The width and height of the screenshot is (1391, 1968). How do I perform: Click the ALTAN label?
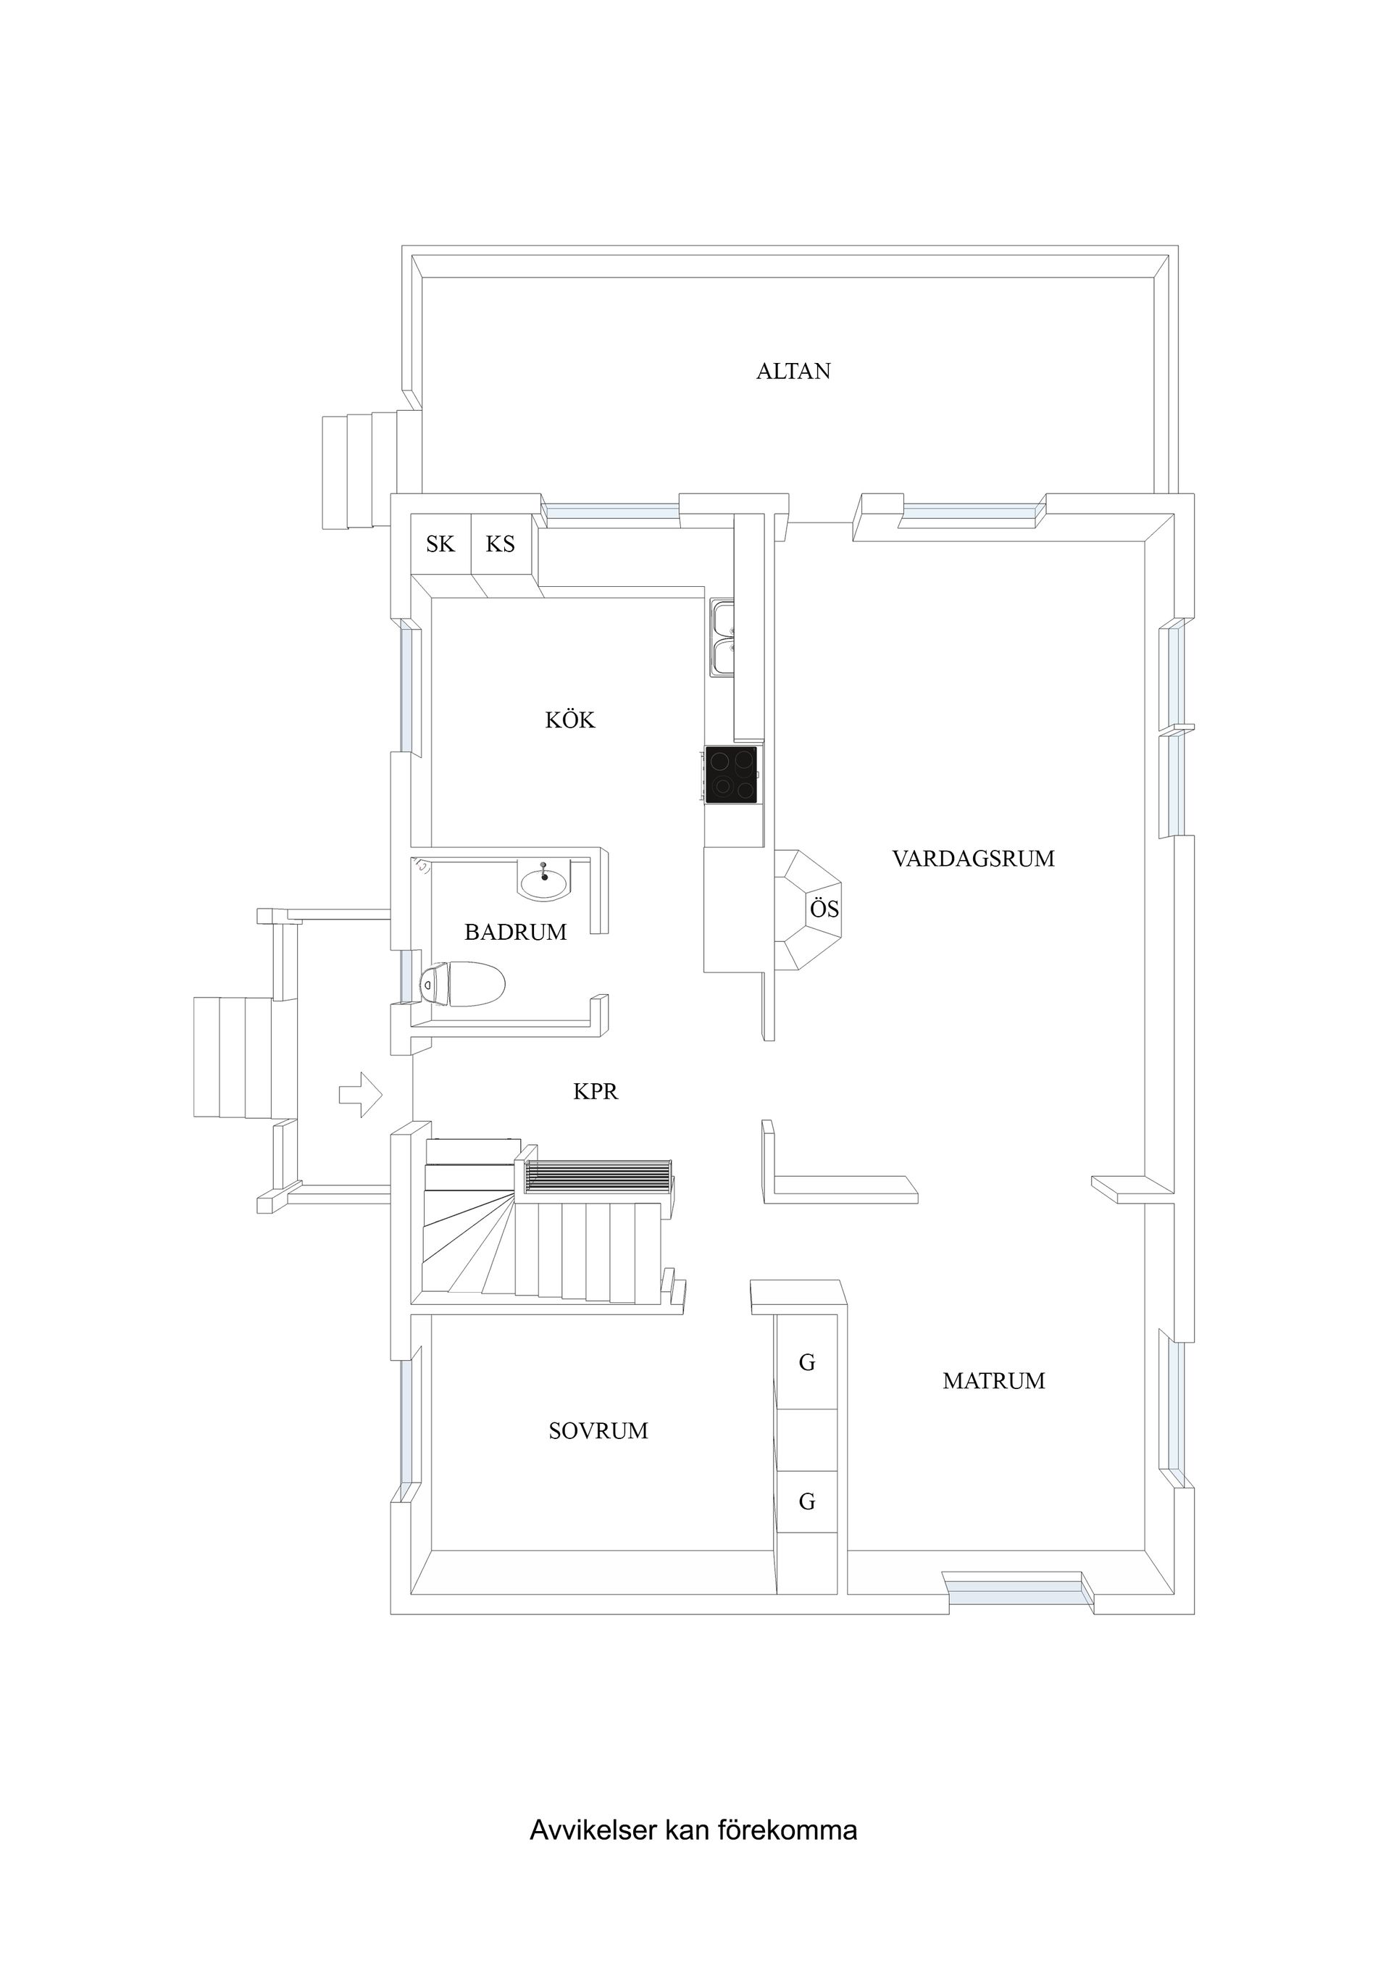(793, 371)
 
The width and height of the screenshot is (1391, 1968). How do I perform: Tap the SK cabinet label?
(440, 543)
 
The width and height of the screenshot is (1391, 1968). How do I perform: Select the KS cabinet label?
(501, 543)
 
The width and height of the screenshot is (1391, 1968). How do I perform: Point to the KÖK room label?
(570, 720)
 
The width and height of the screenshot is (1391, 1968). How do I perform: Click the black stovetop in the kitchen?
(731, 775)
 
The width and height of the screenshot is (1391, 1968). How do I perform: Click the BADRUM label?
(515, 932)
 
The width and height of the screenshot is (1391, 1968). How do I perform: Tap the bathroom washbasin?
(543, 880)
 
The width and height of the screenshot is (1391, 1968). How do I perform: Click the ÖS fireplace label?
(824, 909)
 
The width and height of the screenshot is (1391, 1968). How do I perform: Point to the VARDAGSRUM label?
(973, 859)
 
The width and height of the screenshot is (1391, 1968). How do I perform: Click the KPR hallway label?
(596, 1091)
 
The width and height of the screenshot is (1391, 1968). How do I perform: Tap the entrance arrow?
(361, 1095)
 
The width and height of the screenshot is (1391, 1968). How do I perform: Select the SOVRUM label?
(598, 1430)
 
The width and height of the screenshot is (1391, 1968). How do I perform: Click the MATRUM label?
(993, 1381)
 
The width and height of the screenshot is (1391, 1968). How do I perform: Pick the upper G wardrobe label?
(806, 1362)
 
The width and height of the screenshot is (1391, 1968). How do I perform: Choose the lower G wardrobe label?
(806, 1501)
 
